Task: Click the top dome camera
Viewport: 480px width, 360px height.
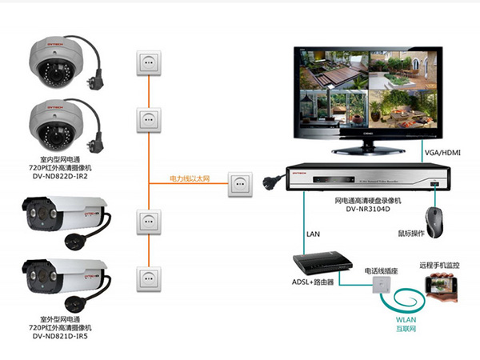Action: pos(54,61)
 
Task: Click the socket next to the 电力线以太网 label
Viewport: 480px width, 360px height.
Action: pos(240,183)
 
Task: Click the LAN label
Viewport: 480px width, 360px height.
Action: pos(313,235)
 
